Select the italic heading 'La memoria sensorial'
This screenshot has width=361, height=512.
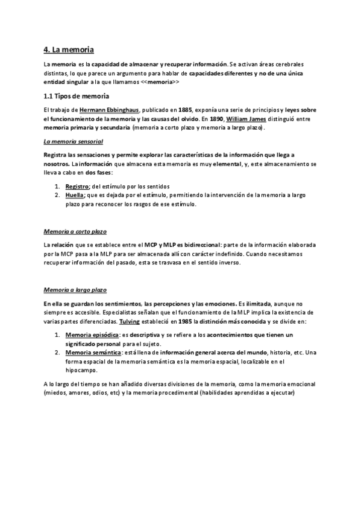(74, 141)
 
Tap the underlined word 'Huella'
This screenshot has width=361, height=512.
(75, 195)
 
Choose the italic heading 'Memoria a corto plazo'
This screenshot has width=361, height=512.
(75, 231)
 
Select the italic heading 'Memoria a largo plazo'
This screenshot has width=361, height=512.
(75, 290)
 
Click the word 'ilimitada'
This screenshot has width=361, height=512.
(260, 303)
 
